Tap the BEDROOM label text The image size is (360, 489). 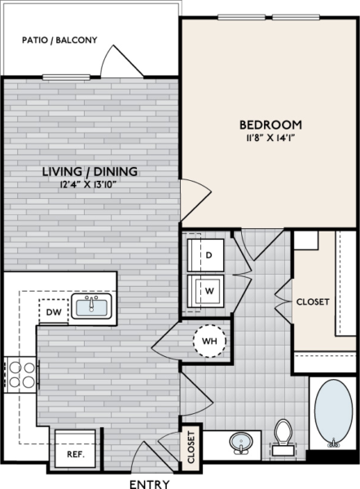(x=270, y=125)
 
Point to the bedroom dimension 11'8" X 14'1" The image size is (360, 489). (x=270, y=138)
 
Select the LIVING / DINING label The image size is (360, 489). (x=90, y=172)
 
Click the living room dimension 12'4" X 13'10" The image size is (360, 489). (x=90, y=185)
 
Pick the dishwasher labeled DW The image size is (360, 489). (x=53, y=311)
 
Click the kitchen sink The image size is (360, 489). (x=91, y=306)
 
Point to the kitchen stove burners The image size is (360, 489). (x=20, y=376)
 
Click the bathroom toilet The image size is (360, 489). (x=283, y=436)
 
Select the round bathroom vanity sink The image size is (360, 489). (x=240, y=443)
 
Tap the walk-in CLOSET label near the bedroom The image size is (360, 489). (x=312, y=302)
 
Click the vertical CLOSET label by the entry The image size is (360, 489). (x=191, y=448)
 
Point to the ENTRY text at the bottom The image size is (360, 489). (x=150, y=483)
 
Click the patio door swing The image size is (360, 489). (x=116, y=61)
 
